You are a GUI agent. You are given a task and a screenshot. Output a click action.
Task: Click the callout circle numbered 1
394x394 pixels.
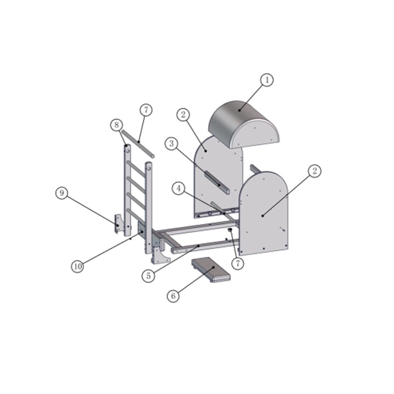click(x=266, y=80)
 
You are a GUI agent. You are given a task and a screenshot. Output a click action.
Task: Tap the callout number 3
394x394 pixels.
click(x=171, y=144)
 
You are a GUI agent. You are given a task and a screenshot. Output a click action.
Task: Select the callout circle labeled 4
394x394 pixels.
click(x=179, y=189)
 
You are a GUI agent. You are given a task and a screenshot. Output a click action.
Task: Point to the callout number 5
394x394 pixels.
click(x=149, y=276)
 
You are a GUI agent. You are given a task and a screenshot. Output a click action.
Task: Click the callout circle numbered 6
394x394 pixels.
click(x=173, y=296)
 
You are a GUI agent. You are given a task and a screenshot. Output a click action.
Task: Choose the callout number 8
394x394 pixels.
click(x=116, y=125)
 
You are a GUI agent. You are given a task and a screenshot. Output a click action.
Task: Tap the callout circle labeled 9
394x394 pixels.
click(x=62, y=193)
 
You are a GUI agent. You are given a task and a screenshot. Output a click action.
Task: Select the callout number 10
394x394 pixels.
click(x=78, y=266)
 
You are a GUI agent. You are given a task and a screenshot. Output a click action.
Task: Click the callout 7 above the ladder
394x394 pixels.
click(x=146, y=110)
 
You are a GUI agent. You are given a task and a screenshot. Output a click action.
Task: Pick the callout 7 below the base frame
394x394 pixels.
click(x=237, y=263)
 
